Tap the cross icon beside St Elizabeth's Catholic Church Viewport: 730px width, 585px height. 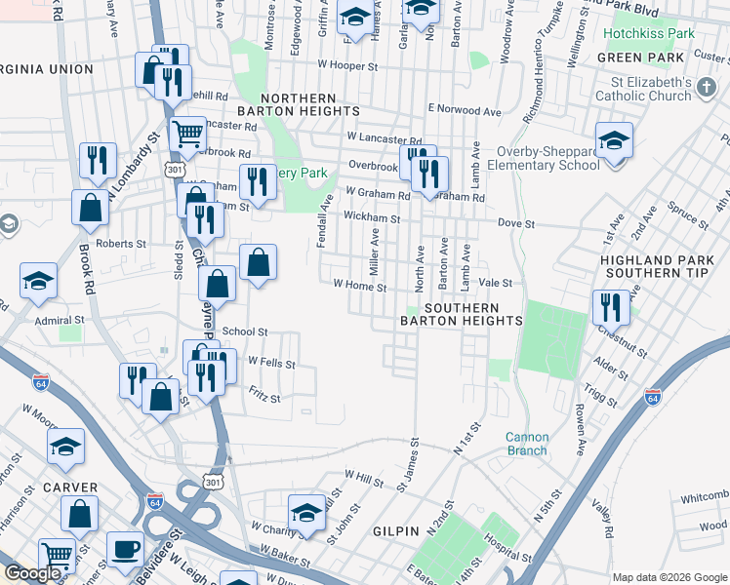pos(707,90)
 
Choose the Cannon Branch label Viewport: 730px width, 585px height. pos(526,444)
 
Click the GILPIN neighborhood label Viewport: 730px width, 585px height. pos(395,530)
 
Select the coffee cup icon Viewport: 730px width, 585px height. pos(125,550)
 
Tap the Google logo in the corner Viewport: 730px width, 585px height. pos(31,573)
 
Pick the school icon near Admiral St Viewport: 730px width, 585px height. pos(39,282)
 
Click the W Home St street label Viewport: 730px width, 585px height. pos(360,287)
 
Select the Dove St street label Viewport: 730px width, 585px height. pos(516,223)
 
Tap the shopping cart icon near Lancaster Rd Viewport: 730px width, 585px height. pos(187,134)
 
